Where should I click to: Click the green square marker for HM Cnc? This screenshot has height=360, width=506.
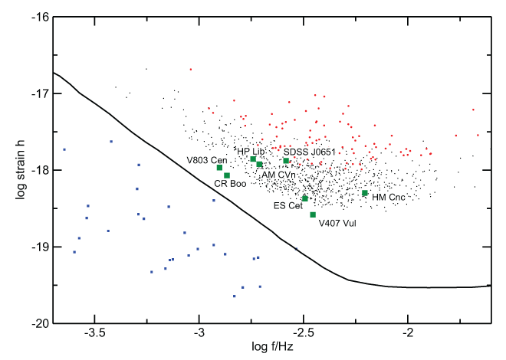(x=365, y=193)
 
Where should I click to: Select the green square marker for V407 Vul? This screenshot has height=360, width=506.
(x=313, y=214)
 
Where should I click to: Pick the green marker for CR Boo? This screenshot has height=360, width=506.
(x=227, y=175)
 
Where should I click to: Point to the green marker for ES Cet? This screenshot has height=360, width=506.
(x=305, y=198)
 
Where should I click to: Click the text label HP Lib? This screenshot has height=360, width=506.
(x=250, y=152)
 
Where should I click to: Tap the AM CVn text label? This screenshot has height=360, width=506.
(x=280, y=175)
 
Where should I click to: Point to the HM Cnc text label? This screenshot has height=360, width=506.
(x=388, y=198)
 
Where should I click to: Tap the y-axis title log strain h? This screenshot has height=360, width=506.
(x=13, y=170)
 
